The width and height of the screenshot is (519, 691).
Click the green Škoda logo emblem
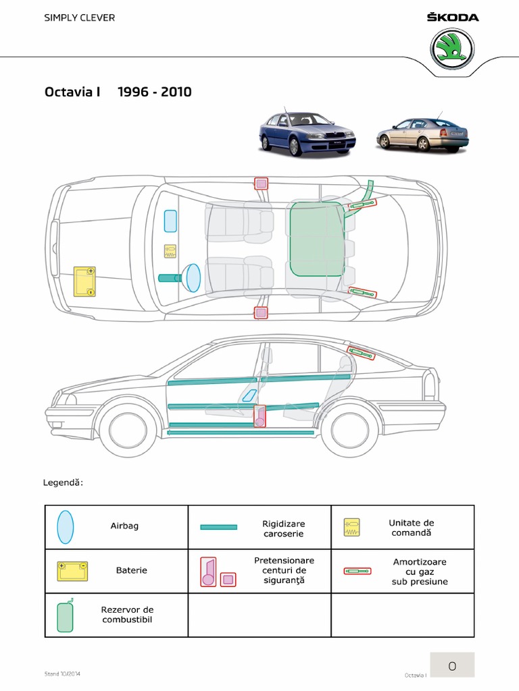[452, 49]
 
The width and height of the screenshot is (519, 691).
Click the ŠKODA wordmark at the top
[452, 17]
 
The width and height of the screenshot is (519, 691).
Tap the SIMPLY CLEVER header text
[80, 18]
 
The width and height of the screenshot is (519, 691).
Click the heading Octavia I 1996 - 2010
[118, 92]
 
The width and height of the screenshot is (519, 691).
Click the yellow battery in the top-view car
[84, 282]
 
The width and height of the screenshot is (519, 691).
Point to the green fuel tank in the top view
[316, 238]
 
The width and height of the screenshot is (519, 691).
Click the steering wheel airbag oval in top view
[193, 277]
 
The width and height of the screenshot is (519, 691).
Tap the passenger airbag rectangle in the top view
[170, 221]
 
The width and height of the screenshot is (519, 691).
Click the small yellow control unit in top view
[170, 251]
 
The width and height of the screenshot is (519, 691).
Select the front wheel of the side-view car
[128, 431]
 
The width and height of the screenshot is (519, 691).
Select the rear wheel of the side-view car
[349, 431]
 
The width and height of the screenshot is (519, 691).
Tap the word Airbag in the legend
[124, 526]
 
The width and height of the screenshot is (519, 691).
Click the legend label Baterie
[131, 570]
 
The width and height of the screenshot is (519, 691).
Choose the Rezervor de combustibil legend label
[127, 614]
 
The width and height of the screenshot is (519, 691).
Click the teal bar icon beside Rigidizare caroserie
[218, 527]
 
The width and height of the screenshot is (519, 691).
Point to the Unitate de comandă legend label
[411, 528]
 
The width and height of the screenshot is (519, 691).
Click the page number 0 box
[452, 666]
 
